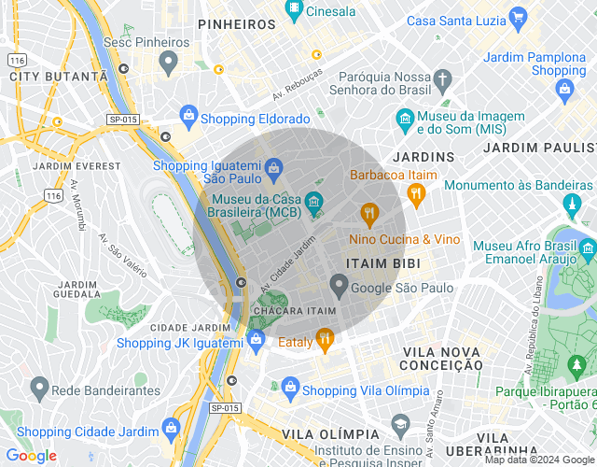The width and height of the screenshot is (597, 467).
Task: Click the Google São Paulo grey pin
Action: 340,285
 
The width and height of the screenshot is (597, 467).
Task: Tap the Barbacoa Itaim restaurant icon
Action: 369,214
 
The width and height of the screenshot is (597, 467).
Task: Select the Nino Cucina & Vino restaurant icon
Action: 416,193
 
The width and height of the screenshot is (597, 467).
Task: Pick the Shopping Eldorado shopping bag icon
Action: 188,117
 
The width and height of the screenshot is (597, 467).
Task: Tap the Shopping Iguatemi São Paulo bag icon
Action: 272,168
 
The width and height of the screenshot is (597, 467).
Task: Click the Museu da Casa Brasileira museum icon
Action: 313,201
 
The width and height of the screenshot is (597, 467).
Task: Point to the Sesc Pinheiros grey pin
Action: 169,63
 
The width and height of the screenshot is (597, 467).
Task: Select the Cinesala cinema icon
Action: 295,11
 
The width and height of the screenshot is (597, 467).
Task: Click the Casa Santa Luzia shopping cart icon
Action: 520,19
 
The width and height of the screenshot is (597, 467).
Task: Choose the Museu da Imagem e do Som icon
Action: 405,119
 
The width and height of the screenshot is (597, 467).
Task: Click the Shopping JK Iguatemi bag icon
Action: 256,342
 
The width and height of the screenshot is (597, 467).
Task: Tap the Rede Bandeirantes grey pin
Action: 39,386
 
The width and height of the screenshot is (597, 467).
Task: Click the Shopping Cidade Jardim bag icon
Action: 170,429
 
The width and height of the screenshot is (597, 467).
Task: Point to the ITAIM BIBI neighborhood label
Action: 374,264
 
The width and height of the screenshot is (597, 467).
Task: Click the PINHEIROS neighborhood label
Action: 237,24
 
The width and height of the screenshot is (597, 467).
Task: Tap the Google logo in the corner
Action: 31,456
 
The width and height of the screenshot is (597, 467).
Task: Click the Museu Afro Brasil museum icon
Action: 588,248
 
